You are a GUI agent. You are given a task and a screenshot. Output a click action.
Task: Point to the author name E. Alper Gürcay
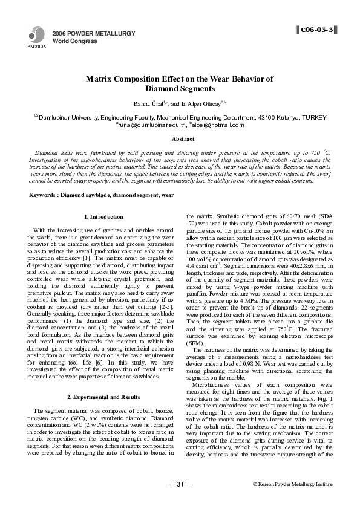(x=202, y=103)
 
